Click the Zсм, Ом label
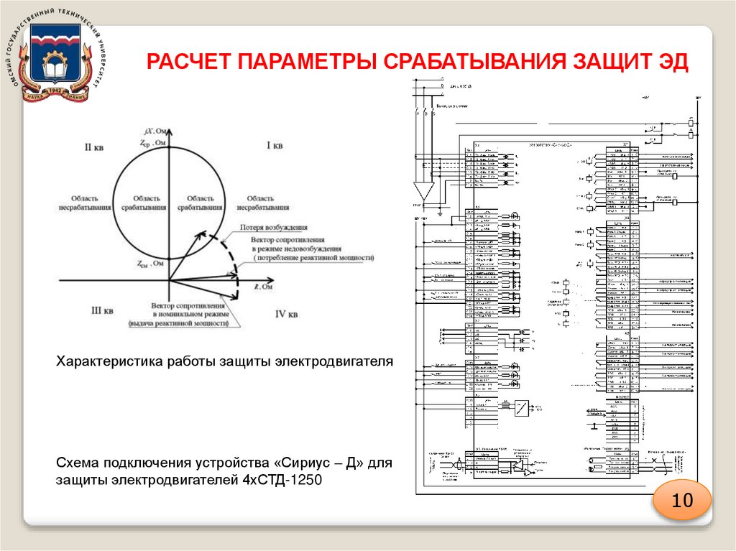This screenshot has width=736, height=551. pyautogui.click(x=152, y=263)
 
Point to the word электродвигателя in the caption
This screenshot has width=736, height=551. pyautogui.click(x=334, y=361)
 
